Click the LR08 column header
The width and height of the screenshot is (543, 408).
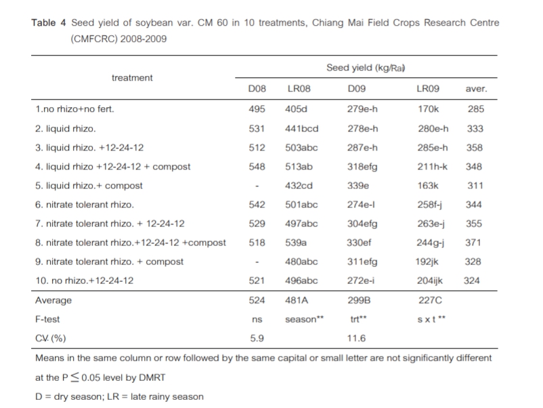pyautogui.click(x=299, y=89)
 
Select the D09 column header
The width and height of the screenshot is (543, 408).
pyautogui.click(x=355, y=89)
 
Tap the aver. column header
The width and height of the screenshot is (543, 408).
pyautogui.click(x=476, y=89)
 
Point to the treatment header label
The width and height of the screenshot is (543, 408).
pyautogui.click(x=132, y=77)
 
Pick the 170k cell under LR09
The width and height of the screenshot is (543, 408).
pyautogui.click(x=427, y=108)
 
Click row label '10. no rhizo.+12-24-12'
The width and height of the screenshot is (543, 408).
pyautogui.click(x=85, y=281)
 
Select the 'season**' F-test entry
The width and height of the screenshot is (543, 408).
pyautogui.click(x=301, y=319)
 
